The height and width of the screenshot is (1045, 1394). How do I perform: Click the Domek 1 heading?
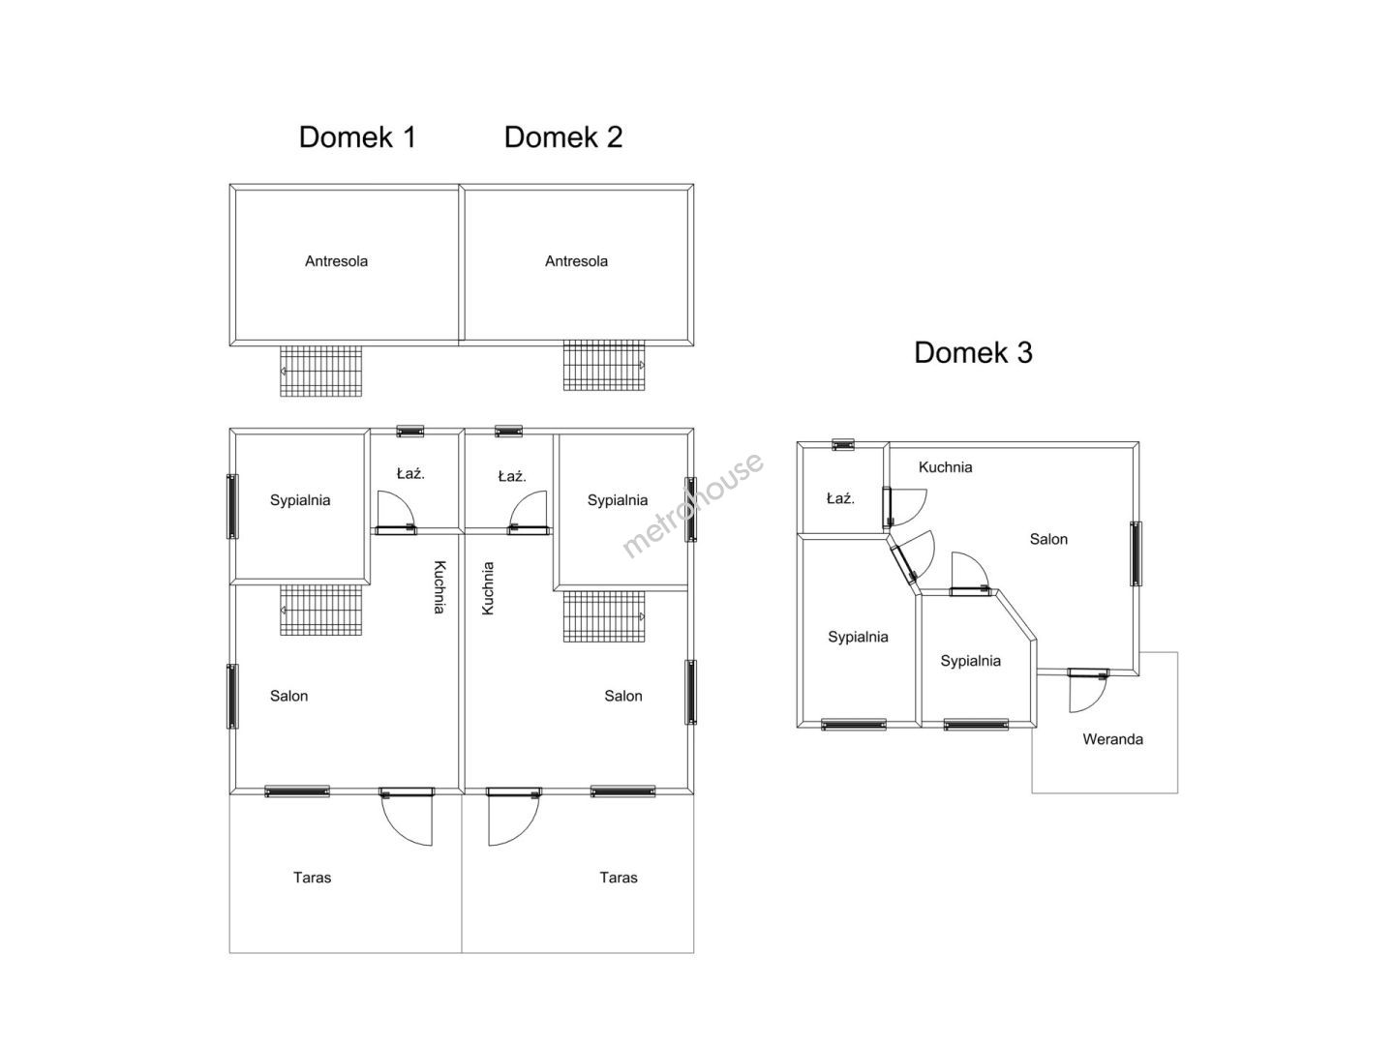click(x=357, y=137)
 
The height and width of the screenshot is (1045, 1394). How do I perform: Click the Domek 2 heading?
click(x=562, y=137)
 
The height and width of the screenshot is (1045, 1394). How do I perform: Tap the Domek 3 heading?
click(x=973, y=352)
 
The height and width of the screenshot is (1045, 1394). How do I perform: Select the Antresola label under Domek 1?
click(x=336, y=261)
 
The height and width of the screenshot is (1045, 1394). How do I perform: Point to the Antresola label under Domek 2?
click(x=576, y=261)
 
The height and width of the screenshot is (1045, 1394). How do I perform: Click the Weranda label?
click(x=1112, y=739)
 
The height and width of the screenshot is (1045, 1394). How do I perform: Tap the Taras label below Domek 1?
click(x=312, y=878)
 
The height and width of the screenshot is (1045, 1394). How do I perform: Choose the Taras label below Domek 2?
click(x=619, y=878)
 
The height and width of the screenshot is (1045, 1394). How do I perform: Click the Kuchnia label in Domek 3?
click(x=945, y=467)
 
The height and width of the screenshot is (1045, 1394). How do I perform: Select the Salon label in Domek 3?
click(x=1048, y=540)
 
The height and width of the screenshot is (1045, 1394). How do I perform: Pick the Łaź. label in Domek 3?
click(x=840, y=499)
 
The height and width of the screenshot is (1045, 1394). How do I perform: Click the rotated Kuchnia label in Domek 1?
click(x=439, y=587)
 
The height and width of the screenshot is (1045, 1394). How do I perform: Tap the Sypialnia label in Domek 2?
click(x=618, y=500)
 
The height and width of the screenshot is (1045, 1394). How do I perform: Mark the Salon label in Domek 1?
click(x=288, y=696)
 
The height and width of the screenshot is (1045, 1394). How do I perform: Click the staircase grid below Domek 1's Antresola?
click(x=321, y=371)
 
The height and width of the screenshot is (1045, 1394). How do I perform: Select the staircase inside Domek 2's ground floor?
click(x=605, y=615)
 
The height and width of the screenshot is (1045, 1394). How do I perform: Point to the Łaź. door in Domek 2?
click(x=530, y=513)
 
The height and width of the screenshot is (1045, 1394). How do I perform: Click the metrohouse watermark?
click(x=692, y=505)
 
